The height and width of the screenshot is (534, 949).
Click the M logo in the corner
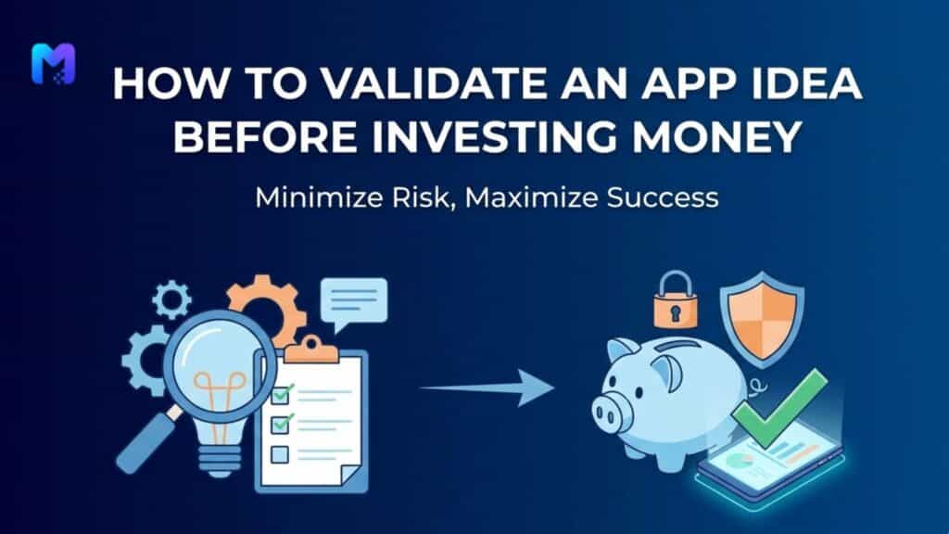point(53,64)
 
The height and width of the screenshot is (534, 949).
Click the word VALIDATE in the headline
point(358,86)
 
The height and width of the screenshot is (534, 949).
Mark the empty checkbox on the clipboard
point(280,453)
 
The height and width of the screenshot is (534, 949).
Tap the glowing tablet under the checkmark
point(769,464)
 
